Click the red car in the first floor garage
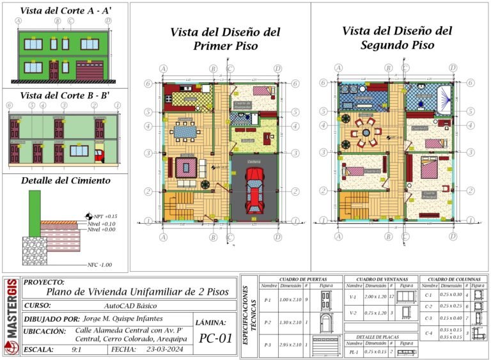point(254,192)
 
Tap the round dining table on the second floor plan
point(367,136)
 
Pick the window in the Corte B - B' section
point(79,150)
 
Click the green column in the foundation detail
point(35,205)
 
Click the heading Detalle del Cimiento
point(65,181)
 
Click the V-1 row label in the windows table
point(353,296)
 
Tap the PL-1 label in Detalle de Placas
point(353,352)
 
